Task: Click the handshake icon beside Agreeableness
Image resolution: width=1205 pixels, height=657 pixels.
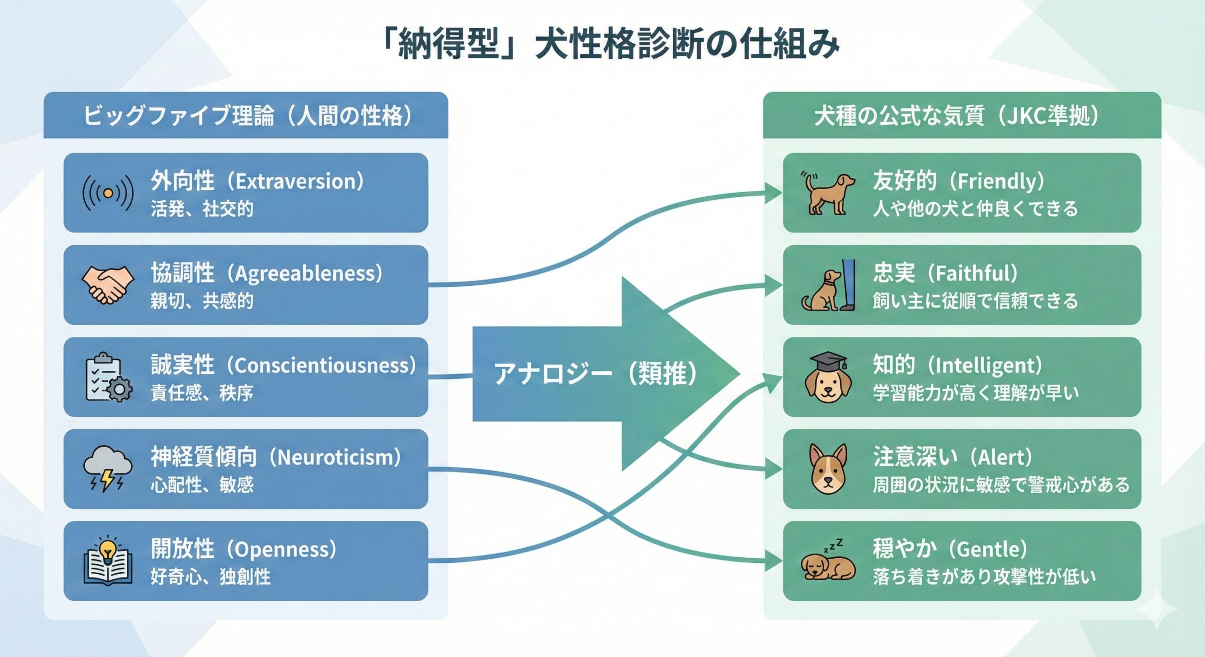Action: tap(108, 285)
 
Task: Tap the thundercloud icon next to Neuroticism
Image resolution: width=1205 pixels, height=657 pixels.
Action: tap(108, 469)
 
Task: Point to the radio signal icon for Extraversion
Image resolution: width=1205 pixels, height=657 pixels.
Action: tap(108, 193)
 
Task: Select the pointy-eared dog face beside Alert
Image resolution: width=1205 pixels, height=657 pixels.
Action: tap(828, 469)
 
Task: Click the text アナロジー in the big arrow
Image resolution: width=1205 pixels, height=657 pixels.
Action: tap(553, 375)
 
